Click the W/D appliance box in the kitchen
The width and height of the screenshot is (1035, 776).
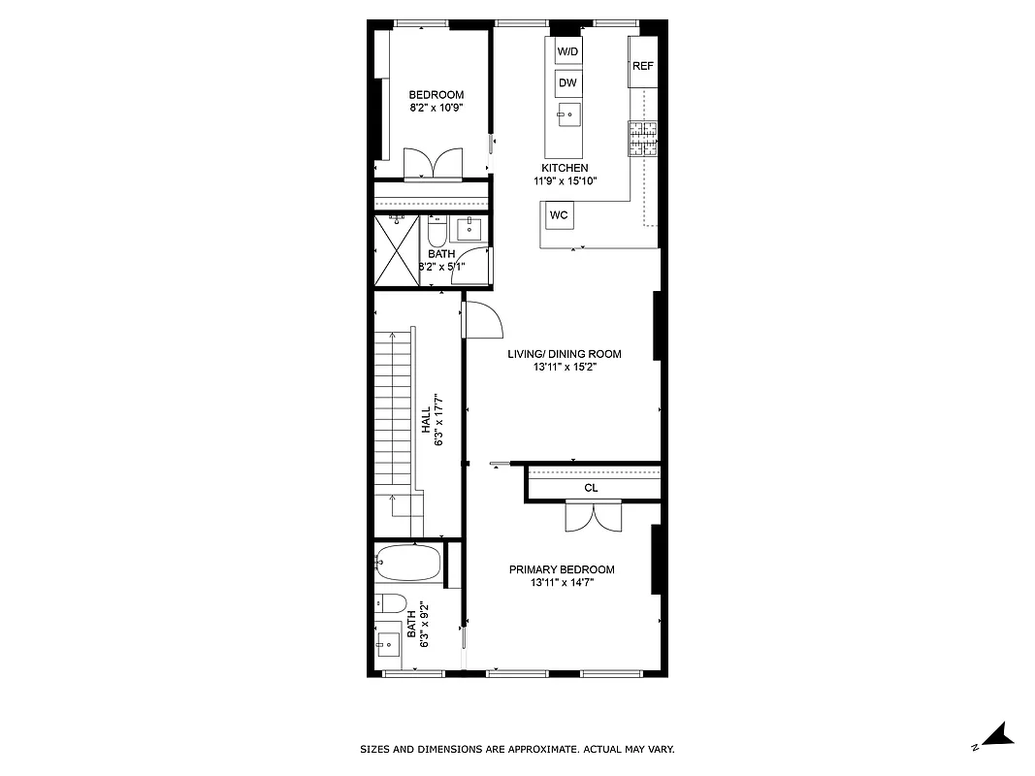pyautogui.click(x=567, y=50)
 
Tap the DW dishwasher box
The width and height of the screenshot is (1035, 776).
pyautogui.click(x=567, y=83)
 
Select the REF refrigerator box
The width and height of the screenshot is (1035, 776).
pyautogui.click(x=643, y=66)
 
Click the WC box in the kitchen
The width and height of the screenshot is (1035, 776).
pyautogui.click(x=559, y=214)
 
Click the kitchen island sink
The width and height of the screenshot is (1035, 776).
pyautogui.click(x=568, y=114)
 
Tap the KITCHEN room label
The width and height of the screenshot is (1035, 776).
pyautogui.click(x=565, y=168)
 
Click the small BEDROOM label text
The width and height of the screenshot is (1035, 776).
pyautogui.click(x=437, y=94)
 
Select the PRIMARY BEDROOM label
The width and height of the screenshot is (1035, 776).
pyautogui.click(x=562, y=569)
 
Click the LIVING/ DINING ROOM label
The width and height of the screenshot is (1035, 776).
pyautogui.click(x=565, y=354)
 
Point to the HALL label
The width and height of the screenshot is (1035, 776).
pyautogui.click(x=426, y=419)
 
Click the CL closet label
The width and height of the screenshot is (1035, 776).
pyautogui.click(x=591, y=488)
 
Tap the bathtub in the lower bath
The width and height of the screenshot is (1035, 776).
pyautogui.click(x=408, y=563)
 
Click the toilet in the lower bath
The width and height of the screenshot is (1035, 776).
pyautogui.click(x=390, y=602)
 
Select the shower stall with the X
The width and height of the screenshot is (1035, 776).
pyautogui.click(x=398, y=250)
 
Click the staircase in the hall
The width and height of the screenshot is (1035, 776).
pyautogui.click(x=396, y=417)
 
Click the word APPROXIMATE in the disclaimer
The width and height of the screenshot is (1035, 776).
pyautogui.click(x=534, y=749)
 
